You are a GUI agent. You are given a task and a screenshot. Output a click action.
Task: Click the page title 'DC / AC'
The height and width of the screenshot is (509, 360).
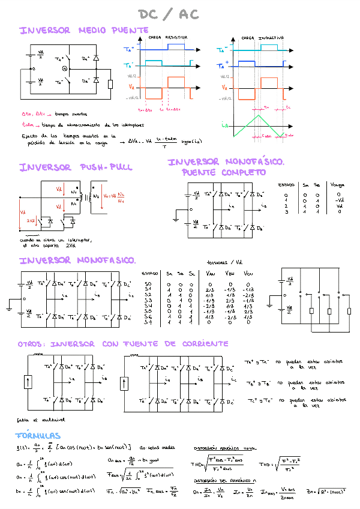(x=169, y=14)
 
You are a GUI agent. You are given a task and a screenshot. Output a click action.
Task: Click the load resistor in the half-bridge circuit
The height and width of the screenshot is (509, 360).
(x=110, y=84)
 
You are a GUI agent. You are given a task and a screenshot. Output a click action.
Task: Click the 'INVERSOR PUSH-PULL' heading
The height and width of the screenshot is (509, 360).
(x=76, y=167)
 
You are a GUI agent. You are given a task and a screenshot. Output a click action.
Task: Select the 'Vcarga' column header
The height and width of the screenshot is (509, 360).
(x=338, y=185)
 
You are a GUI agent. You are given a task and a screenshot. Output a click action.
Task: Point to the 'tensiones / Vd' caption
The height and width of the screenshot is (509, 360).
(x=224, y=262)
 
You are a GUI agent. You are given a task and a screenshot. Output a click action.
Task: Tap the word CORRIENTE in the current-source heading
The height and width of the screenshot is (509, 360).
(x=199, y=344)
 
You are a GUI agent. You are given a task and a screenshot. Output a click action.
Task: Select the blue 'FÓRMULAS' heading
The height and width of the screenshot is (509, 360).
(x=38, y=435)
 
